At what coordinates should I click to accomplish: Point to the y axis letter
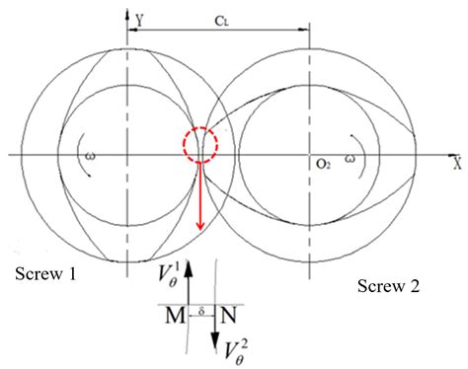tap(140, 18)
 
